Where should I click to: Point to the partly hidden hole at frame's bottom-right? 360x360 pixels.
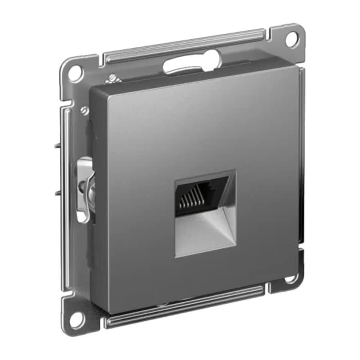click(290, 278)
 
